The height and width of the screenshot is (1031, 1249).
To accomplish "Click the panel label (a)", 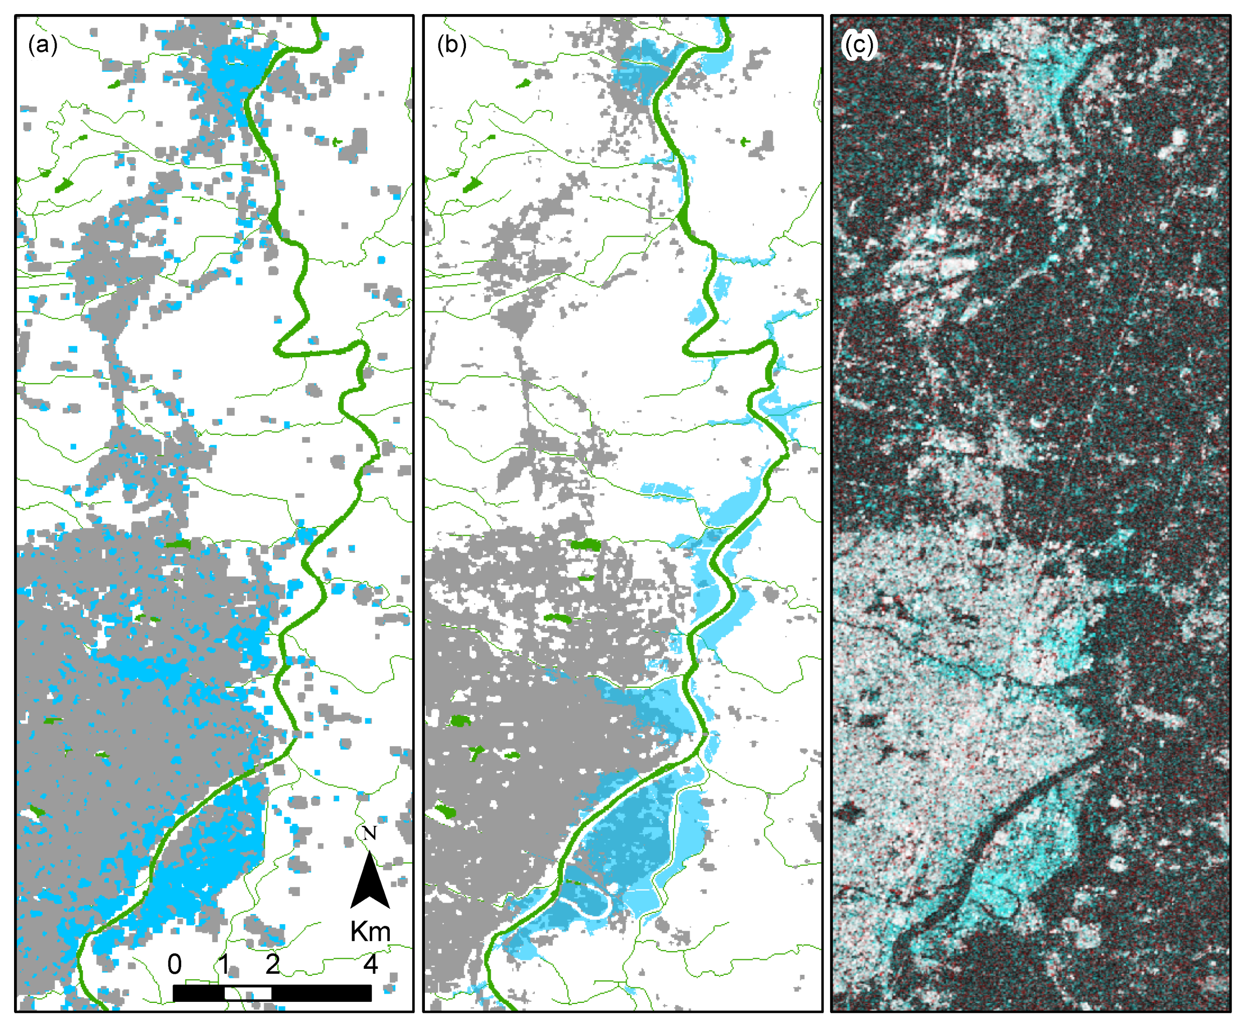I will tap(43, 45).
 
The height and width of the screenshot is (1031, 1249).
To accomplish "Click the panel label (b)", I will tap(451, 45).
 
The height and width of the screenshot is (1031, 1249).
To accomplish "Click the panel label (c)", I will tap(859, 45).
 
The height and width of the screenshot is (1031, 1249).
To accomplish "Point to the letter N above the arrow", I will tap(369, 834).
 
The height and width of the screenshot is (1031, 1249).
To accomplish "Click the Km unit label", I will tap(370, 932).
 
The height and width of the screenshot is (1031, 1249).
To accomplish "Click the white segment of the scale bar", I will tap(248, 993).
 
